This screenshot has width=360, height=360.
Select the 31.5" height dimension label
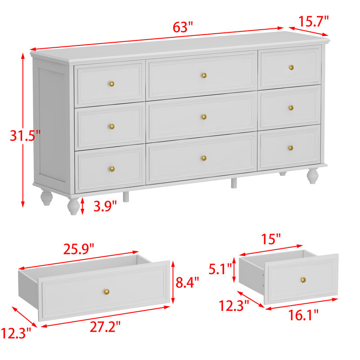[x=25, y=135]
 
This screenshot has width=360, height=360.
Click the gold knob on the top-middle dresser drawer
[x=204, y=75]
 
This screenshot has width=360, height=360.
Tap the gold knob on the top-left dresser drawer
[x=112, y=84]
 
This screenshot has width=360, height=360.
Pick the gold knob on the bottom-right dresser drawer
[x=291, y=148]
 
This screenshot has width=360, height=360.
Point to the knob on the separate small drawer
[x=303, y=280]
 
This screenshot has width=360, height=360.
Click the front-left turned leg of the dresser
[x=73, y=206]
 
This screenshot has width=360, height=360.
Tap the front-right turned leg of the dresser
[x=311, y=176]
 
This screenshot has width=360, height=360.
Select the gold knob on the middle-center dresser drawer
[x=204, y=117]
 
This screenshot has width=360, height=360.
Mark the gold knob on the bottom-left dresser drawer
[x=112, y=169]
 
